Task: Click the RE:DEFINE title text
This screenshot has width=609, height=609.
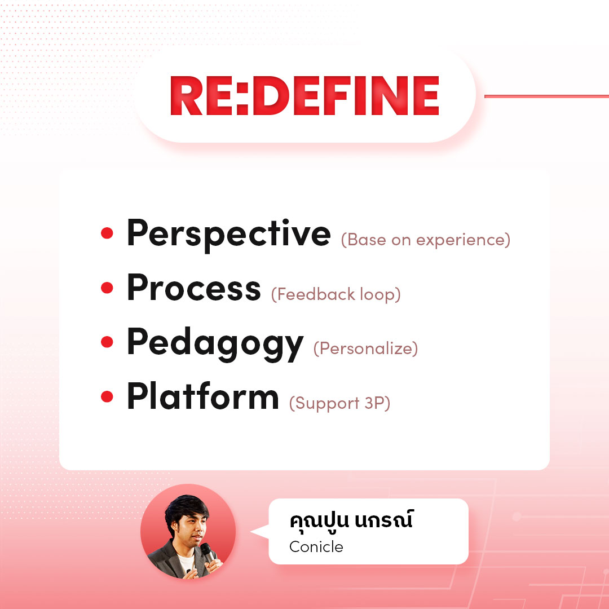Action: point(305,96)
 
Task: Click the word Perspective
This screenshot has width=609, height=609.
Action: point(229,234)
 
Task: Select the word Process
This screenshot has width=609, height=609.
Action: point(194,288)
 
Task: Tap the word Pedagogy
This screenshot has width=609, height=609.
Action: point(215,344)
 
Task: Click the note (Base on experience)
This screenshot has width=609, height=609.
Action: point(425,240)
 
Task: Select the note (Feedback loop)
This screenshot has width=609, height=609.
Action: point(336,294)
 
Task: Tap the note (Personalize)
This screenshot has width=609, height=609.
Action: point(365,348)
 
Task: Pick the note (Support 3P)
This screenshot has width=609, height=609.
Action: point(339,403)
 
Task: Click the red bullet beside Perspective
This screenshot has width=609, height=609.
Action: point(107,233)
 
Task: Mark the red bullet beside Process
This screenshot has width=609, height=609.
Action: point(107,288)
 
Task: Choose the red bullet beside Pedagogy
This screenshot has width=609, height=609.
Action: point(107,342)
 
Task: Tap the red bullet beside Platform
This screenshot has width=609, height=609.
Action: point(107,396)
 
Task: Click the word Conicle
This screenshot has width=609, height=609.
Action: point(316,547)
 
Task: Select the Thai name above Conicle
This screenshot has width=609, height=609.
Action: point(351,520)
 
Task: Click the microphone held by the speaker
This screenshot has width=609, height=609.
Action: point(207,552)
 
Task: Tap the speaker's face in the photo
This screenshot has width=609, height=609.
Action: point(191,528)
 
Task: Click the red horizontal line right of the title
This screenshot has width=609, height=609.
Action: point(546,96)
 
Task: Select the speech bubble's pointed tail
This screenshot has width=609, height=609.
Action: point(260,531)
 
